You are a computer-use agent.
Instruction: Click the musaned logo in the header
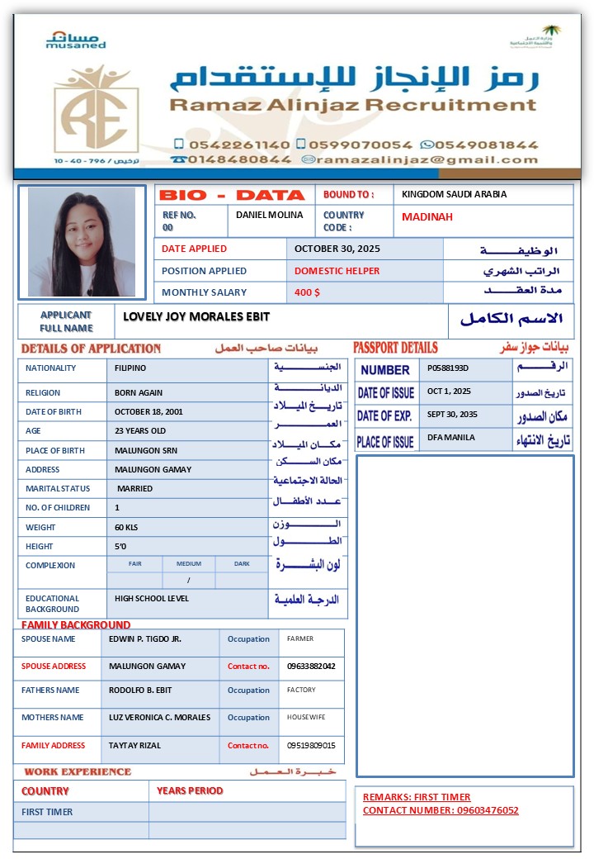[76, 40]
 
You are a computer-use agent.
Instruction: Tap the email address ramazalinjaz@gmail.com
[426, 159]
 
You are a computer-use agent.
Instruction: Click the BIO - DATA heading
[232, 196]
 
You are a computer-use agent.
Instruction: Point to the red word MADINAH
[427, 217]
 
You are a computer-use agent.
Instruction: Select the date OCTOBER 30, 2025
[337, 249]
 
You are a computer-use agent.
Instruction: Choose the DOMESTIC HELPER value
[337, 271]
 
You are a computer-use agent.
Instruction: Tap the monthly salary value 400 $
[307, 292]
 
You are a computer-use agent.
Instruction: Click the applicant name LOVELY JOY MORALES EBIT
[196, 316]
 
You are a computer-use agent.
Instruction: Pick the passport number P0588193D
[448, 368]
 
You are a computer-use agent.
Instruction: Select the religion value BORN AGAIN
[139, 393]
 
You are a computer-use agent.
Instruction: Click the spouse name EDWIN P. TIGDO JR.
[144, 638]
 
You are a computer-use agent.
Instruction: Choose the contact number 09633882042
[311, 666]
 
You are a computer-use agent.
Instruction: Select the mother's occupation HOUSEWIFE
[306, 718]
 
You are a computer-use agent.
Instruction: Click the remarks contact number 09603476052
[487, 810]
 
